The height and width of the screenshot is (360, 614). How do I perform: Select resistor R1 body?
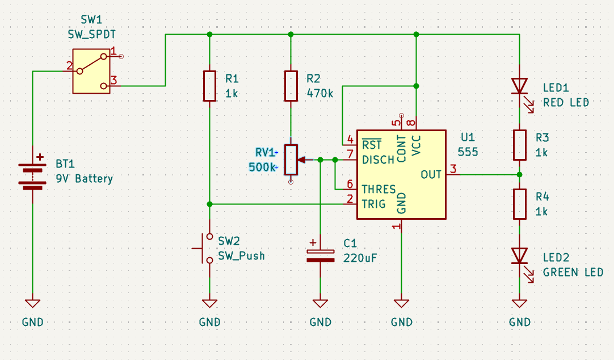pyautogui.click(x=209, y=86)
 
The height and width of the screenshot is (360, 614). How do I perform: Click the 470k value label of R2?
pyautogui.click(x=320, y=93)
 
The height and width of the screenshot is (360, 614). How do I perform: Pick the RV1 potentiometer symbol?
pyautogui.click(x=291, y=160)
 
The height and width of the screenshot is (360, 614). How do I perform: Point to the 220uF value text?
pyautogui.click(x=360, y=258)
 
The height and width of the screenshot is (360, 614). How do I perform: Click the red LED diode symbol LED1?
pyautogui.click(x=519, y=86)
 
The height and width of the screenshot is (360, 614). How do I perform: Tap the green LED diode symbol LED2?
pyautogui.click(x=519, y=256)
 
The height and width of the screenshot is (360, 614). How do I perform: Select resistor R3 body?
pyautogui.click(x=519, y=145)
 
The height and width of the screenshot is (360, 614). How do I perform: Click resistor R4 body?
pyautogui.click(x=519, y=204)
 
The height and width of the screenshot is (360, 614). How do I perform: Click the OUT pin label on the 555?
pyautogui.click(x=431, y=174)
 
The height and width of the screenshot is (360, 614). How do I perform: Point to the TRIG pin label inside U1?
pyautogui.click(x=373, y=203)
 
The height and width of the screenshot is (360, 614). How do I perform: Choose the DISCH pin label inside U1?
pyautogui.click(x=378, y=160)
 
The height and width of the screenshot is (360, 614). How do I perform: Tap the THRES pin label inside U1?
pyautogui.click(x=379, y=189)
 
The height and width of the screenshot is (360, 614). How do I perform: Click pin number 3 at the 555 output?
pyautogui.click(x=453, y=169)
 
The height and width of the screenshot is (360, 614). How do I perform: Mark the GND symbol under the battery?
pyautogui.click(x=33, y=304)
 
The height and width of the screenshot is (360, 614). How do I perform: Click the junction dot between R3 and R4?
pyautogui.click(x=519, y=174)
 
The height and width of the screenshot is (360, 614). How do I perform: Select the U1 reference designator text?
pyautogui.click(x=467, y=137)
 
